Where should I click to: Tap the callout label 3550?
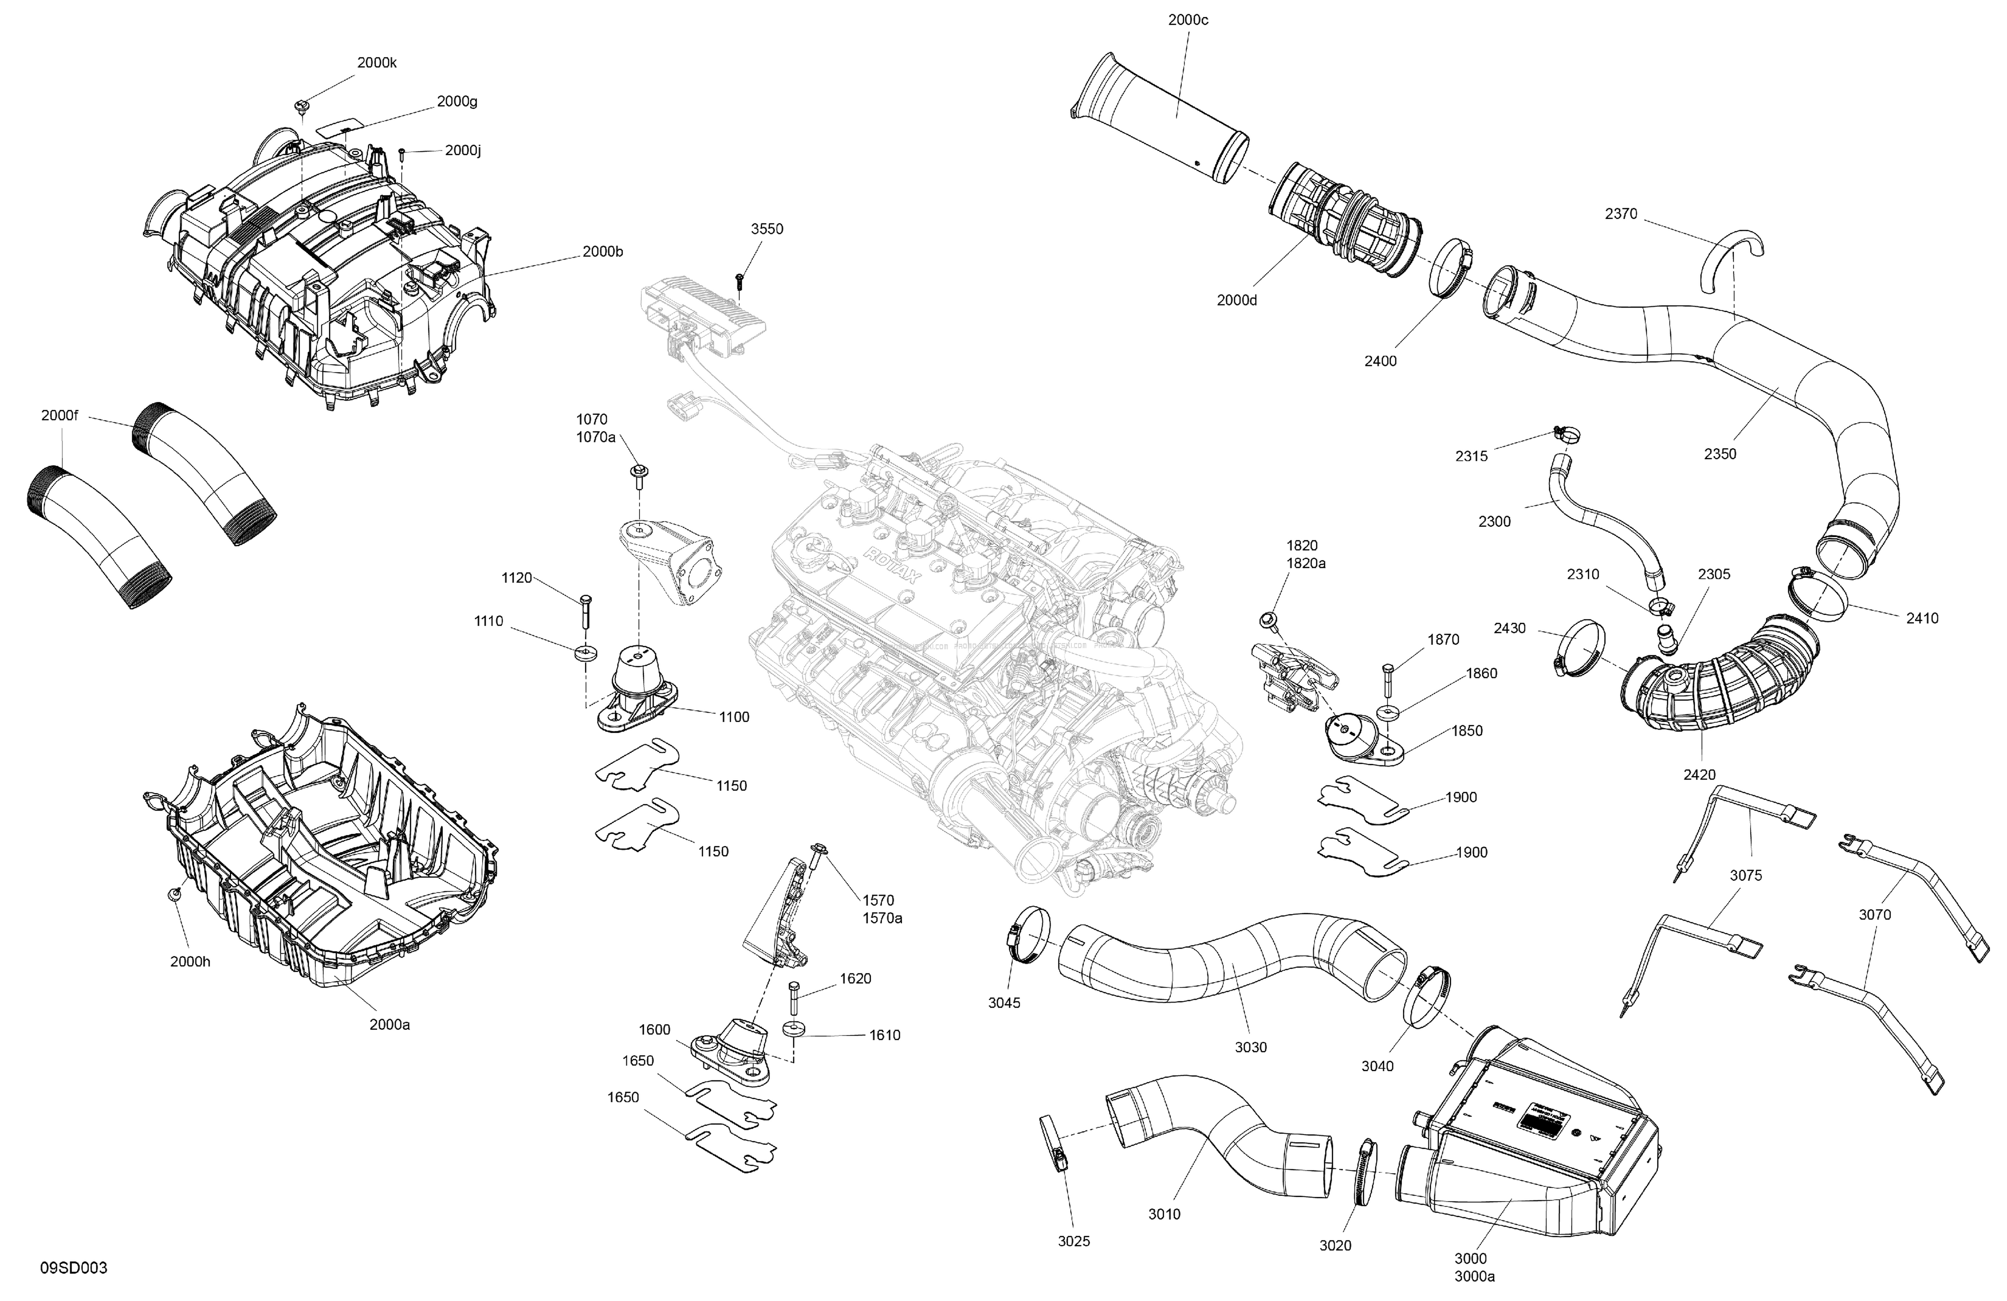pyautogui.click(x=767, y=229)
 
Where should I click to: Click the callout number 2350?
pyautogui.click(x=1719, y=453)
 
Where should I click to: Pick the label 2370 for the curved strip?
pyautogui.click(x=1621, y=214)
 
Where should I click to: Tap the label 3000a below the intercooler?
pyautogui.click(x=1474, y=1277)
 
